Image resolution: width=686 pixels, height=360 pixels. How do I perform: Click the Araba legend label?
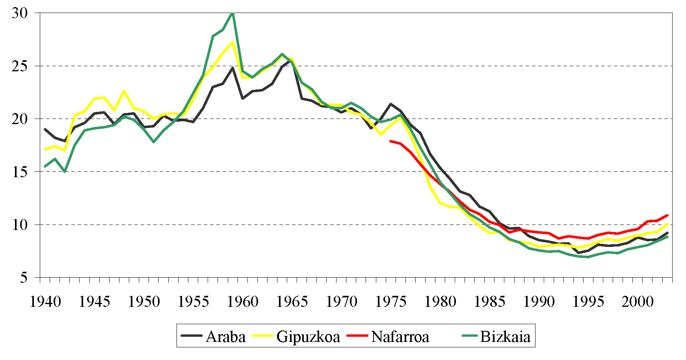click(x=225, y=337)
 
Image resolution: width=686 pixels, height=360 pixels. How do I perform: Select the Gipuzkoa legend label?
click(x=308, y=337)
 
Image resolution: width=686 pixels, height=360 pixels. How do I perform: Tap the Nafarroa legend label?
click(x=400, y=337)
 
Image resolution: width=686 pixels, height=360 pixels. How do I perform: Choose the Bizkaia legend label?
click(x=505, y=337)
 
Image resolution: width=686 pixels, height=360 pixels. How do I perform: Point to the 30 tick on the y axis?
click(x=20, y=13)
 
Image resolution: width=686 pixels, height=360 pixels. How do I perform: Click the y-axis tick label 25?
click(x=20, y=66)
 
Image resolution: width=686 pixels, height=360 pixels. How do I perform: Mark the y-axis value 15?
click(x=20, y=172)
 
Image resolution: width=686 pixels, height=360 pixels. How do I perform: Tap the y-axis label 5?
click(x=24, y=278)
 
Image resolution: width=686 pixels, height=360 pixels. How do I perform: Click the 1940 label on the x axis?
click(x=45, y=302)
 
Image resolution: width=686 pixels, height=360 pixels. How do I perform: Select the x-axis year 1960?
click(x=243, y=302)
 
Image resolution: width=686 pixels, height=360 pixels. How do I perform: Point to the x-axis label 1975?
click(x=391, y=302)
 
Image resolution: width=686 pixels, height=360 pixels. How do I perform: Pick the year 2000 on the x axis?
click(x=638, y=302)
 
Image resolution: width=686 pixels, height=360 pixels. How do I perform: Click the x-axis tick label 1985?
click(x=490, y=302)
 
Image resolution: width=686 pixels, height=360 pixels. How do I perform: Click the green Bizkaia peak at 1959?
click(x=232, y=13)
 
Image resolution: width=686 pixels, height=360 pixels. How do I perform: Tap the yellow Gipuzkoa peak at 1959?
click(x=232, y=42)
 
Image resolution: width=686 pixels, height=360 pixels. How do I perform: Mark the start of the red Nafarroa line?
click(x=390, y=141)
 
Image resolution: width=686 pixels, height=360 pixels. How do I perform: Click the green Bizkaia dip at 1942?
click(x=65, y=172)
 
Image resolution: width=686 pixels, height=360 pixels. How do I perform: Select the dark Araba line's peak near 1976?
click(x=390, y=104)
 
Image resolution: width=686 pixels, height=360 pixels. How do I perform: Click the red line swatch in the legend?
click(x=358, y=336)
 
